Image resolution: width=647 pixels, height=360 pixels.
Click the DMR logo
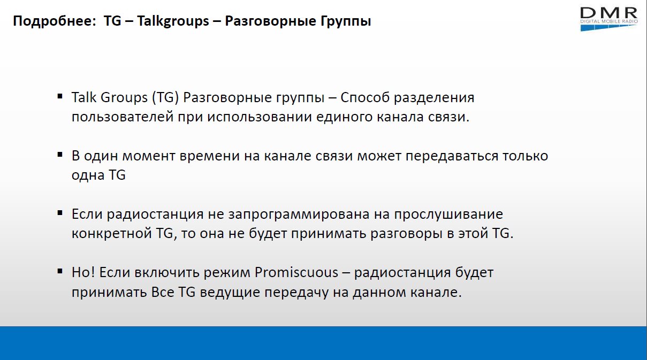click(x=609, y=19)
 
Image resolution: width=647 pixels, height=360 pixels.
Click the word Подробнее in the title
click(x=54, y=21)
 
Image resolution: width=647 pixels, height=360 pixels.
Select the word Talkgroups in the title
click(x=173, y=21)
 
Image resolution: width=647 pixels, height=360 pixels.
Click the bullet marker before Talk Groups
click(x=60, y=96)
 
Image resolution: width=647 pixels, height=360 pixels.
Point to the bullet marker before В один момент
click(x=60, y=155)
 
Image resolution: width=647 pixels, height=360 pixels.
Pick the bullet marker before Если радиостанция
click(x=60, y=213)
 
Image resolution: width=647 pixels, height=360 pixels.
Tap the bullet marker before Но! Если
click(x=60, y=271)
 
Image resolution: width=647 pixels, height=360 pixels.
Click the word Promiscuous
click(x=296, y=272)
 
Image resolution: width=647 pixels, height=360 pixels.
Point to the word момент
click(x=149, y=156)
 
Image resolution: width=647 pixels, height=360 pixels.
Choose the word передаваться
click(x=452, y=156)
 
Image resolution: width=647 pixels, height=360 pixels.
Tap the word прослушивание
click(x=448, y=215)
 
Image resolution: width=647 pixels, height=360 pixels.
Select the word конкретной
click(x=112, y=233)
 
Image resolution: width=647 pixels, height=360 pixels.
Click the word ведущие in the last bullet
click(x=230, y=292)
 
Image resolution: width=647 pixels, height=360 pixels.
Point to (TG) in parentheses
click(x=165, y=97)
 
